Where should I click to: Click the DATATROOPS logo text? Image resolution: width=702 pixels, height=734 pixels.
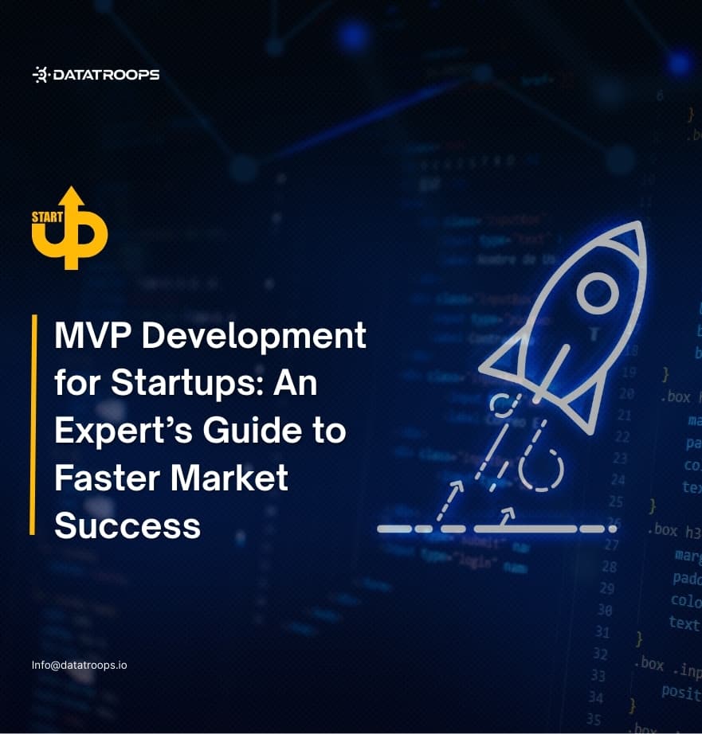pos(105,75)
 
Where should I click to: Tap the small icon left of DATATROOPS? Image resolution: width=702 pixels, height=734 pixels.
pos(40,75)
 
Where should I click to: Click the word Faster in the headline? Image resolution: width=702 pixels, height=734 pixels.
pos(100,478)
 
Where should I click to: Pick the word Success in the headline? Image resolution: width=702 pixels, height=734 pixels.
pos(127,525)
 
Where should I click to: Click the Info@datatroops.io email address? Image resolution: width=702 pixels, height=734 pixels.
pos(79,664)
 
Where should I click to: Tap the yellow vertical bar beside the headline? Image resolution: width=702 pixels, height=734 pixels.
pos(33,424)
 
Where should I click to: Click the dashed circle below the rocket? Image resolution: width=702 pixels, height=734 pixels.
pos(541,470)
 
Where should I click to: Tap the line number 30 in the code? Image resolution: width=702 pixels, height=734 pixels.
pos(609,610)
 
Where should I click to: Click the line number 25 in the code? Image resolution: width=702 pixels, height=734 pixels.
pos(616,501)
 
